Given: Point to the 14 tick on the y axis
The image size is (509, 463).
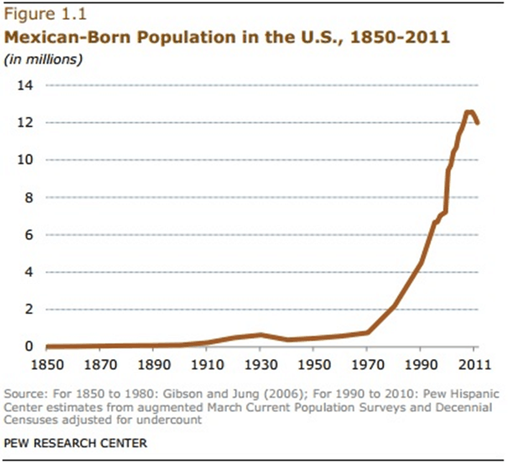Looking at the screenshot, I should (x=25, y=86).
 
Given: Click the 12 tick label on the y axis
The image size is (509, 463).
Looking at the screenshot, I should (x=25, y=123).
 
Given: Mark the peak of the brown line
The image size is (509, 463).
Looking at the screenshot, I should (x=469, y=112).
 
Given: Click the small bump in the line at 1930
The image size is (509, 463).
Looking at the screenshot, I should (x=261, y=334).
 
